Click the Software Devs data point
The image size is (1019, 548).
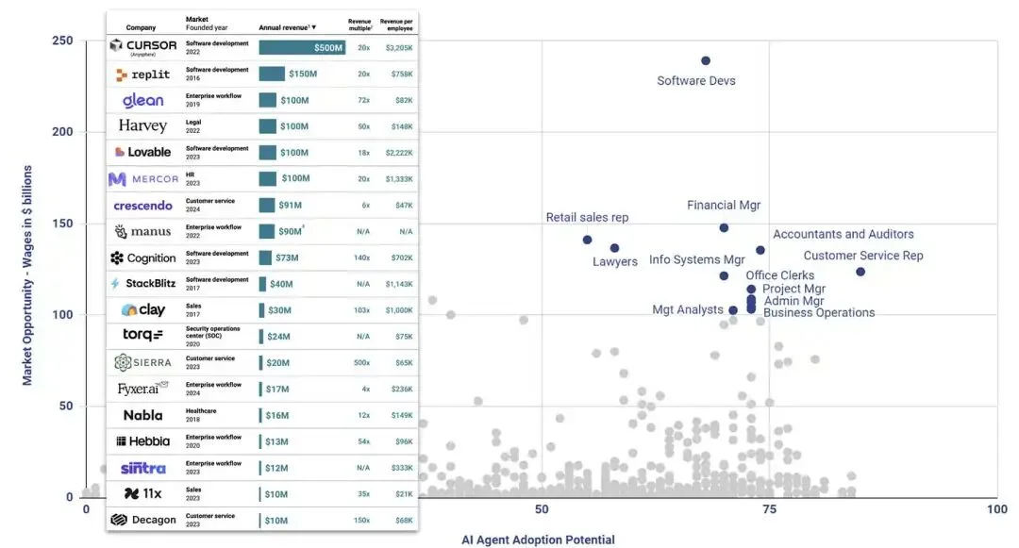pyautogui.click(x=706, y=61)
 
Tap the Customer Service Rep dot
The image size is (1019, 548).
pyautogui.click(x=860, y=272)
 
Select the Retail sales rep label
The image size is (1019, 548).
pyautogui.click(x=587, y=218)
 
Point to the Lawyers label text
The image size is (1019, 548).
pyautogui.click(x=615, y=261)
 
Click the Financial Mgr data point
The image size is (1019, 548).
pyautogui.click(x=724, y=227)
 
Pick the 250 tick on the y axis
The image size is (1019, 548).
pyautogui.click(x=61, y=41)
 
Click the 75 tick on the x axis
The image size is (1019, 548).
pyautogui.click(x=769, y=509)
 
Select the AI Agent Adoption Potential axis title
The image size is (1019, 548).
pyautogui.click(x=538, y=540)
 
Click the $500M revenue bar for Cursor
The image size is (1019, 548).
pyautogui.click(x=302, y=47)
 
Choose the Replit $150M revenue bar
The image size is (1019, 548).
pyautogui.click(x=272, y=74)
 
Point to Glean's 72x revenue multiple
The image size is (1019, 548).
pyautogui.click(x=363, y=100)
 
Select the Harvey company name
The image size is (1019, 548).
pyautogui.click(x=142, y=126)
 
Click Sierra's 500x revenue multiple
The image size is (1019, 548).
pyautogui.click(x=362, y=363)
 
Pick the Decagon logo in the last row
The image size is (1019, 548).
pyautogui.click(x=142, y=520)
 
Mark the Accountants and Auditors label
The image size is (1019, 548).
pyautogui.click(x=844, y=234)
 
